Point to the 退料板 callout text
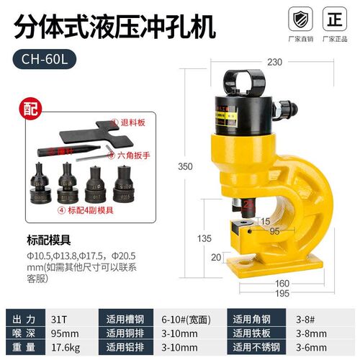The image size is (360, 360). pyautogui.click(x=130, y=123)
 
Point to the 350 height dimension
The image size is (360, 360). pyautogui.click(x=186, y=166)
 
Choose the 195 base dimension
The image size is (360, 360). pyautogui.click(x=282, y=292)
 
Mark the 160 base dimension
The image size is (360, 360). pyautogui.click(x=281, y=283)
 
